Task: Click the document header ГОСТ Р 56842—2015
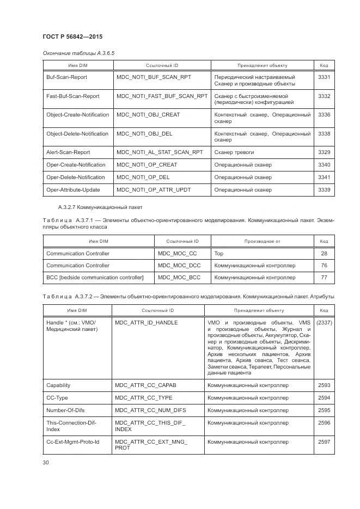pos(72,36)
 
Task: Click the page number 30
pos(46,462)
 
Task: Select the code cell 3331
pos(324,77)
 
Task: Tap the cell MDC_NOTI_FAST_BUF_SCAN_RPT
pos(162,96)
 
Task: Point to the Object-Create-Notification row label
pos(77,115)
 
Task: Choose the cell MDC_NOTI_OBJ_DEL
pos(144,133)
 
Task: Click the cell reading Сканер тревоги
pos(234,152)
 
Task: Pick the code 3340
pos(324,165)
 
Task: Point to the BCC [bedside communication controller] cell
pos(95,278)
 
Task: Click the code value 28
pos(324,254)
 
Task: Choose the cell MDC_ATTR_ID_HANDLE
pos(147,323)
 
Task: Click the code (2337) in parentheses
pos(324,323)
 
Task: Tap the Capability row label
pos(58,385)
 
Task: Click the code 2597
pos(324,442)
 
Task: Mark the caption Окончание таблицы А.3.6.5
pos(78,53)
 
